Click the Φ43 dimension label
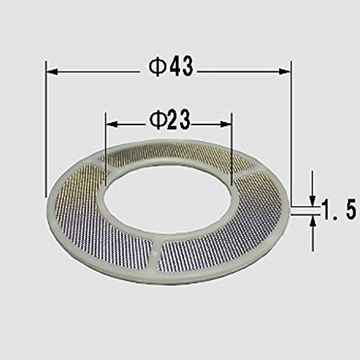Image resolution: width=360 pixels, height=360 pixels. [171, 68]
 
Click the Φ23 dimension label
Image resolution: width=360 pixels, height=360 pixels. [170, 120]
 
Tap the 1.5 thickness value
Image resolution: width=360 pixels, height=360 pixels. [337, 212]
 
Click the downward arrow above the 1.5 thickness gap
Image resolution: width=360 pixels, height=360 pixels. [313, 197]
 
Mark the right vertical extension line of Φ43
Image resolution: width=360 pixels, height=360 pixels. [291, 130]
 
